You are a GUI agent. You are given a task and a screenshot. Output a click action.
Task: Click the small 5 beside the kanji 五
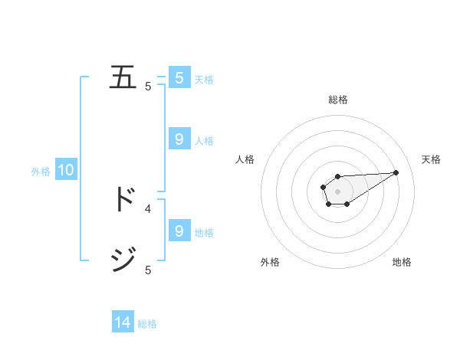[148, 87]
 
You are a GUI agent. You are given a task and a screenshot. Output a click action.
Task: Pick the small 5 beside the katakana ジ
[148, 270]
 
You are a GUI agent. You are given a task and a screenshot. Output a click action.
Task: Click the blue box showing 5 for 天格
[179, 78]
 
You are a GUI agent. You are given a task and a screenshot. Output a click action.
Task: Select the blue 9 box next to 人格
[179, 139]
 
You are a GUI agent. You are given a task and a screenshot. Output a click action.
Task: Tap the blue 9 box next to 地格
[179, 231]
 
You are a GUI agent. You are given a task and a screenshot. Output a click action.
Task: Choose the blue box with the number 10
[66, 171]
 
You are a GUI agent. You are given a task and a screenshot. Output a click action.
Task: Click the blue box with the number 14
[123, 323]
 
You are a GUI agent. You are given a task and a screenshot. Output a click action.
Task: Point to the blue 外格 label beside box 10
[41, 172]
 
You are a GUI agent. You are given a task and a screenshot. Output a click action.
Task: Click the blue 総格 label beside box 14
[147, 324]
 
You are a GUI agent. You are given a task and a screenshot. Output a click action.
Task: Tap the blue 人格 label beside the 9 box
[204, 141]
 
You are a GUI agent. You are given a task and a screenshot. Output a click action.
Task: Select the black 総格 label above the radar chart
[337, 100]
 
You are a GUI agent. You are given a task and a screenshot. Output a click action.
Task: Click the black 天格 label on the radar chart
[431, 159]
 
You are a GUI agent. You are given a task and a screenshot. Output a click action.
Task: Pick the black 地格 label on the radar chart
[402, 262]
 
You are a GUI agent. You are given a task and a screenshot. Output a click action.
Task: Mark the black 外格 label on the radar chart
[270, 262]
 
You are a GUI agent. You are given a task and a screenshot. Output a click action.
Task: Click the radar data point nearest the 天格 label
[396, 172]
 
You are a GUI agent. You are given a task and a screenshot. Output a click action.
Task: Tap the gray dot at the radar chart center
[337, 191]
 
